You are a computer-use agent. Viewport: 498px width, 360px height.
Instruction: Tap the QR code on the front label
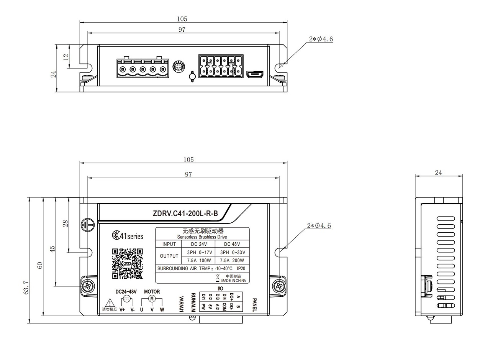[127, 263]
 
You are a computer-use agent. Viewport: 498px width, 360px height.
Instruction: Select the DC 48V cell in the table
[232, 244]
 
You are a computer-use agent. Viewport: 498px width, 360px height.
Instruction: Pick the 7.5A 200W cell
[232, 261]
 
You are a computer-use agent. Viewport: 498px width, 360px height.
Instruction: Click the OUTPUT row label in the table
[169, 256]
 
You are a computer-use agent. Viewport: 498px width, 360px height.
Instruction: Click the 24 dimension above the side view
[438, 173]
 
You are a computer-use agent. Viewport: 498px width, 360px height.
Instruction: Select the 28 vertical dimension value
[66, 223]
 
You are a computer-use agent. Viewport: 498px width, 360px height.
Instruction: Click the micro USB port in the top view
[254, 75]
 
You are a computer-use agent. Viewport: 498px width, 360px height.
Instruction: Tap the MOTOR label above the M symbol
[152, 292]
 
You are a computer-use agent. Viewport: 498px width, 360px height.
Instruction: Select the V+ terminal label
[122, 310]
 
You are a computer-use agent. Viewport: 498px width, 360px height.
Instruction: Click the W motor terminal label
[162, 310]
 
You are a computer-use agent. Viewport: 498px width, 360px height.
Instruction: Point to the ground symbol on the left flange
[87, 225]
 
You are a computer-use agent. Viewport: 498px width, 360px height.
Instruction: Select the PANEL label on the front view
[254, 304]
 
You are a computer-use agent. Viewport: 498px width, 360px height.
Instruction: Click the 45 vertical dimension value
[53, 248]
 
